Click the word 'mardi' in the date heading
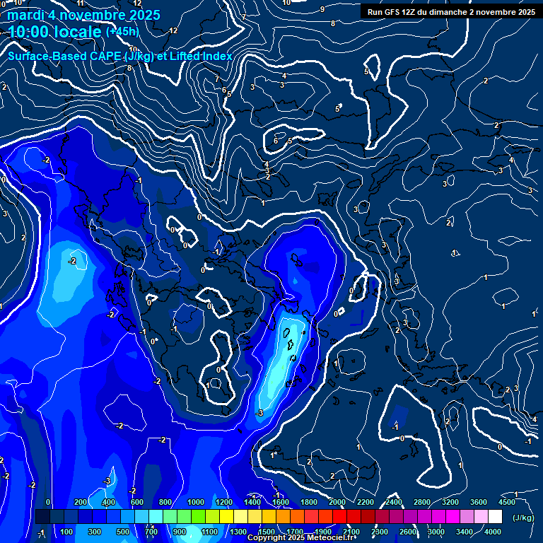point(23,14)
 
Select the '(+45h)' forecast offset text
point(122,32)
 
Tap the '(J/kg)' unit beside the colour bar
point(522,518)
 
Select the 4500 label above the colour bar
point(507,502)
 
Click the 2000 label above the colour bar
point(337,502)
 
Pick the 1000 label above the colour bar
point(196,502)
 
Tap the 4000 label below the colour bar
point(493,532)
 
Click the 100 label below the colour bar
point(67,532)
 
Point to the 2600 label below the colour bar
point(408,532)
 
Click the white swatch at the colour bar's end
point(495,517)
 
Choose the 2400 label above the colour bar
point(394,502)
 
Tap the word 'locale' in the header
point(78,32)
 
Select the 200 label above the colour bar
point(81,502)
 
